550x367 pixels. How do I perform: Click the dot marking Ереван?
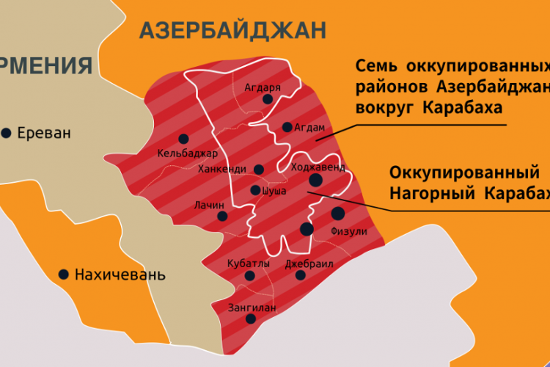coord(7,133)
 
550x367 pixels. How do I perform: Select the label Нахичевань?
coord(120,275)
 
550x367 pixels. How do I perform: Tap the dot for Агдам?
coord(287,126)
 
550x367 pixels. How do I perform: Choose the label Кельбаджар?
coord(187,153)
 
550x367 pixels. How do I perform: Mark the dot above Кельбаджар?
coord(183,138)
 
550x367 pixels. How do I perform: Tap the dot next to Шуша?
coord(255,190)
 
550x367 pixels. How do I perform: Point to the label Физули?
coord(349,231)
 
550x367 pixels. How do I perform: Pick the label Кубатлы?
coord(249,263)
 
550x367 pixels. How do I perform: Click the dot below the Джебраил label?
coord(300,275)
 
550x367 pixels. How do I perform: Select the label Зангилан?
coord(252,308)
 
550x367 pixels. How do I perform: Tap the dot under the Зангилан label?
coord(251,319)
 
